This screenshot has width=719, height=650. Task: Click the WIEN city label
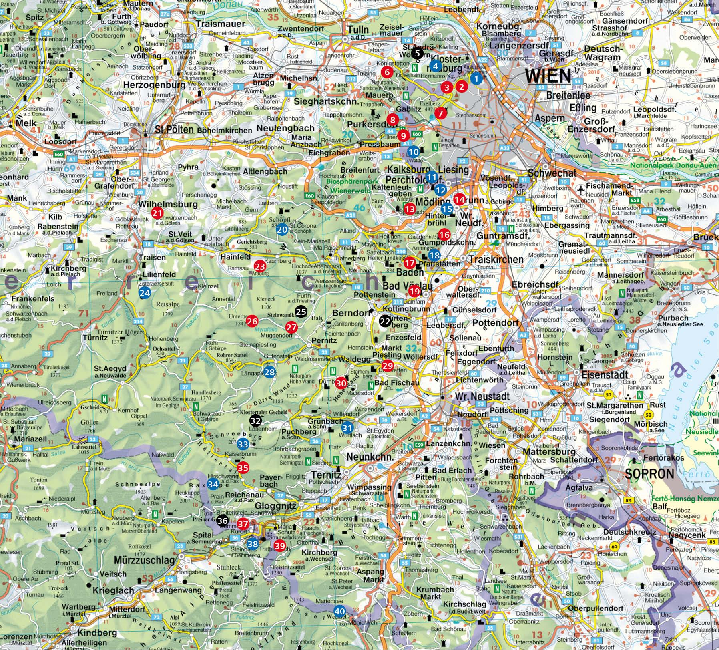(x=548, y=76)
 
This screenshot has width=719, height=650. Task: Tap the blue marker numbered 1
(x=476, y=79)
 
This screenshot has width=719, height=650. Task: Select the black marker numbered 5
(x=417, y=53)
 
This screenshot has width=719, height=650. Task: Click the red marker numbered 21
(x=157, y=213)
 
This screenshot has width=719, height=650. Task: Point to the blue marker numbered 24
(x=145, y=293)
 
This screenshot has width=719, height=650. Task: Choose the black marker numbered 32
(x=255, y=420)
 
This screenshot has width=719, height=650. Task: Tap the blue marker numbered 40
(x=339, y=611)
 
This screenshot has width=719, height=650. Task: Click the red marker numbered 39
(x=280, y=545)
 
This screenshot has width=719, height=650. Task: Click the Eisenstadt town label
(x=604, y=375)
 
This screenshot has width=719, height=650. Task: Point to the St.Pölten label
(x=174, y=129)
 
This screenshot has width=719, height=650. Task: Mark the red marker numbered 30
(x=341, y=383)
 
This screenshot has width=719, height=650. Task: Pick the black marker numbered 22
(x=385, y=321)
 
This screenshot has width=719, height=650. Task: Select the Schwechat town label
(x=552, y=173)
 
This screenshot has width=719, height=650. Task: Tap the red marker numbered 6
(x=386, y=72)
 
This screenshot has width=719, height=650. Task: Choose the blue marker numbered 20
(x=282, y=229)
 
